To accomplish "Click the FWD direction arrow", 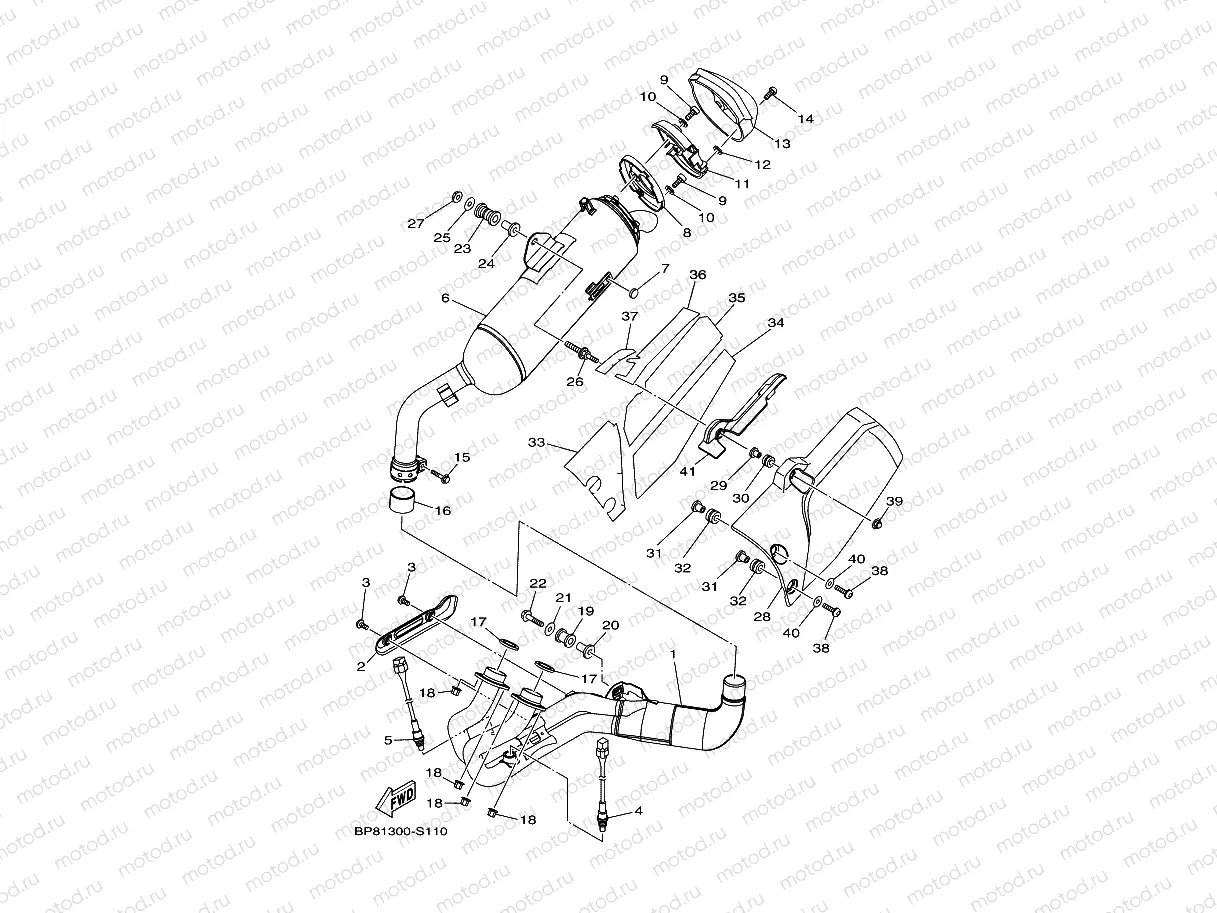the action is tap(396, 798).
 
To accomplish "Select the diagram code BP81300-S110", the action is tap(401, 832).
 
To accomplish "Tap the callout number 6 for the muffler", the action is tap(445, 298).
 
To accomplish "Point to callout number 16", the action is tap(443, 511).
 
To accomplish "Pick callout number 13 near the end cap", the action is tap(782, 144).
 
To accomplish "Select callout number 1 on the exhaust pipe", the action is tap(673, 654).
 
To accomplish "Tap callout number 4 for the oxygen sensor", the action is tap(639, 811).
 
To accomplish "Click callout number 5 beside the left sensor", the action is tap(388, 740).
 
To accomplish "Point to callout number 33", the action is tap(536, 442).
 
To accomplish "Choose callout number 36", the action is tap(698, 274).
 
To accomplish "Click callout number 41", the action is tap(688, 472).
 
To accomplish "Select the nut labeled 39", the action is tap(877, 522).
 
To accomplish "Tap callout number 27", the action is tap(416, 223).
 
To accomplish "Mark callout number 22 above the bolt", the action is tap(538, 583).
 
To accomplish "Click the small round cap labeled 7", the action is tap(634, 292).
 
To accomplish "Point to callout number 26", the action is tap(575, 381).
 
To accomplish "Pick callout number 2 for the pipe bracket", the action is tap(361, 666).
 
